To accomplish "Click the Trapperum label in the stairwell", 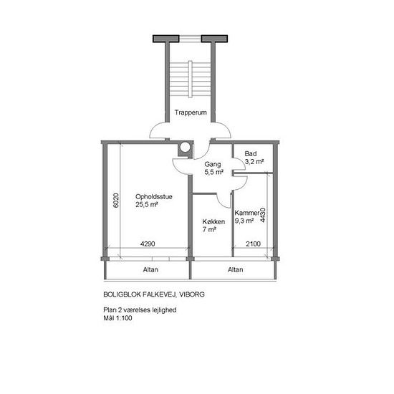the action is coord(191,112).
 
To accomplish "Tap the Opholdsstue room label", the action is coord(154,196).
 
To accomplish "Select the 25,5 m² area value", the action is coord(147,205).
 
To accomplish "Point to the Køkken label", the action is coord(213,221).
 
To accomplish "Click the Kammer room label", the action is coord(246,213).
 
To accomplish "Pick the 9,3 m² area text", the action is coord(244,221).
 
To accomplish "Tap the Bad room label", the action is coord(251,153).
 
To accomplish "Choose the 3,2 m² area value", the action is coord(254,162).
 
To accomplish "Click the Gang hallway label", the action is coord(213,164).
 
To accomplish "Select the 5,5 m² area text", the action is coord(214,173).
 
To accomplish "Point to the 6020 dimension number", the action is coord(116,201).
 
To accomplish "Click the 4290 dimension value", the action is coord(148,244).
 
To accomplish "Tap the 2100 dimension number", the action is coord(253,244).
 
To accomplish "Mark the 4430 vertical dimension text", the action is coord(262,215).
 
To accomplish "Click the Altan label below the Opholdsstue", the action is coord(150,269).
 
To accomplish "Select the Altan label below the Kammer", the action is coord(236,269).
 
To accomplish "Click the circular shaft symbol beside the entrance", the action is coord(186,148).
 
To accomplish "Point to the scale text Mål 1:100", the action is coord(118,318).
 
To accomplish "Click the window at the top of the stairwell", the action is coord(191,39).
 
